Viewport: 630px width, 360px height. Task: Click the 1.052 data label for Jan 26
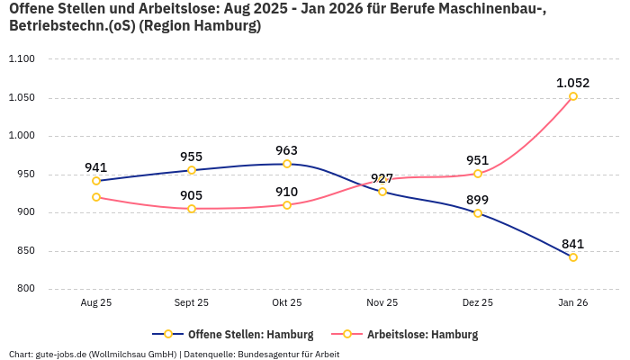(572, 83)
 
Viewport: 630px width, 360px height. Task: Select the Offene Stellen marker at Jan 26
(572, 257)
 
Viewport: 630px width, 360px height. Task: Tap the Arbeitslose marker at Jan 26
(572, 96)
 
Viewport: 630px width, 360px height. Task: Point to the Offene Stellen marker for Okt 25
(287, 164)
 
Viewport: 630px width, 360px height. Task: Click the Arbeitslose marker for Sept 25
(192, 209)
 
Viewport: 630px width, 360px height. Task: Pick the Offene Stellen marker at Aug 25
(96, 181)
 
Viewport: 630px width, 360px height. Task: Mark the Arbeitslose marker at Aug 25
(96, 197)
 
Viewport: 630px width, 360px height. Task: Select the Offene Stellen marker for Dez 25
(478, 213)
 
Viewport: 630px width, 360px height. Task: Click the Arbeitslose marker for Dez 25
(478, 174)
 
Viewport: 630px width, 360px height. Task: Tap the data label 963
(287, 150)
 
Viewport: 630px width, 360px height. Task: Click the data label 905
(192, 195)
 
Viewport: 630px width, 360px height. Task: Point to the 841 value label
(572, 244)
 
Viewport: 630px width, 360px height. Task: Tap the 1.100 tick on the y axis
(21, 59)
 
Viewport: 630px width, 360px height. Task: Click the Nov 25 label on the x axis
(382, 303)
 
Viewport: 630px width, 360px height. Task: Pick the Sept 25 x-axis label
(192, 303)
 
